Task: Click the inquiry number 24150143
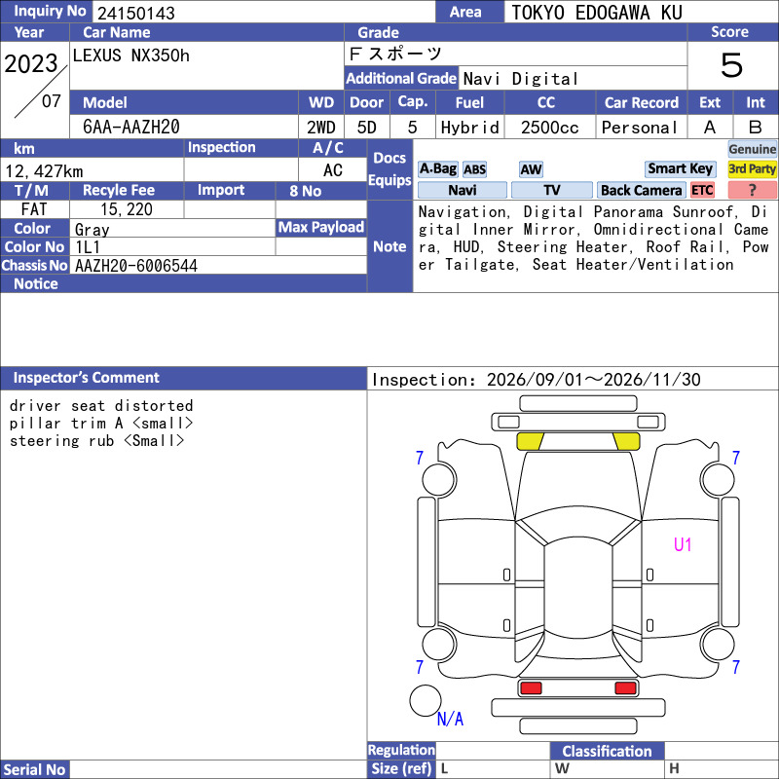[x=136, y=13]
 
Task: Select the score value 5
[x=731, y=65]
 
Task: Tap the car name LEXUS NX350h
[x=131, y=56]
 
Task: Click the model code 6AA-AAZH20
[x=131, y=127]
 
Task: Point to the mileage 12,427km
[x=44, y=171]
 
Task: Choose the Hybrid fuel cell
[x=470, y=128]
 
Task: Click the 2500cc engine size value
[x=550, y=128]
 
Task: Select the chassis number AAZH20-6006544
[x=136, y=266]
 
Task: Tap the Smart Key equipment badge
[x=680, y=168]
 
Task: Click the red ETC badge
[x=702, y=190]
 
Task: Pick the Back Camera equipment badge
[x=641, y=190]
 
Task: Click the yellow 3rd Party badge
[x=752, y=168]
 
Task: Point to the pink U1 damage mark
[x=683, y=545]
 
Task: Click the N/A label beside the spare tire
[x=450, y=719]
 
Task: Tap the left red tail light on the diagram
[x=531, y=688]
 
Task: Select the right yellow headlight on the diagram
[x=626, y=441]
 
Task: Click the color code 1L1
[x=88, y=247]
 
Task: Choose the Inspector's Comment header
[x=86, y=378]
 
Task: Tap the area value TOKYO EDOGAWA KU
[x=597, y=13]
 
